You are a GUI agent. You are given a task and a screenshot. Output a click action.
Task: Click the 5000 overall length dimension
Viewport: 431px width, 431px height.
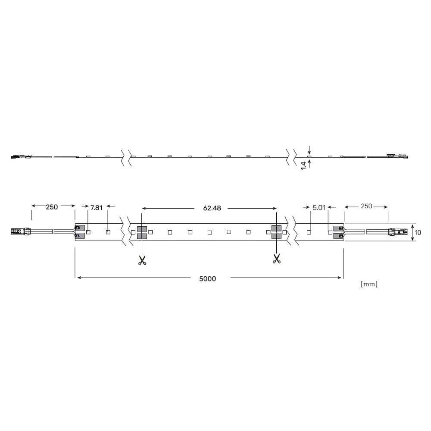(208, 279)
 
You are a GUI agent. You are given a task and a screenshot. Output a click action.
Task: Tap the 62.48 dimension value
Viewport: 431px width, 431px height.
(212, 208)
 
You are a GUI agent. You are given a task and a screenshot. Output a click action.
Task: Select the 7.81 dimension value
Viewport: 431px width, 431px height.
(97, 208)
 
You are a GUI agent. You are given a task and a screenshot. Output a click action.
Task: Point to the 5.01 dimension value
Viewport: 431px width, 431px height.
(319, 208)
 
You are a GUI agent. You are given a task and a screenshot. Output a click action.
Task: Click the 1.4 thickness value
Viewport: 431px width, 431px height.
(303, 166)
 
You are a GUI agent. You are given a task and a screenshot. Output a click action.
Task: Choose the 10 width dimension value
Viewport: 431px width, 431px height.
(418, 233)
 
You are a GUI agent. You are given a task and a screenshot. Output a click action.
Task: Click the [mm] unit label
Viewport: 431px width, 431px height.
(369, 284)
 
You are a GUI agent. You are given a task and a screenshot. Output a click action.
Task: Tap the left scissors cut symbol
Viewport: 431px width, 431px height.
(142, 261)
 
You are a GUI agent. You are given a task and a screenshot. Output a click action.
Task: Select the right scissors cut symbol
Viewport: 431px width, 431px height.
(277, 259)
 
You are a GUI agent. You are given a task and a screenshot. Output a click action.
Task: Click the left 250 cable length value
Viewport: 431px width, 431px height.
(52, 207)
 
